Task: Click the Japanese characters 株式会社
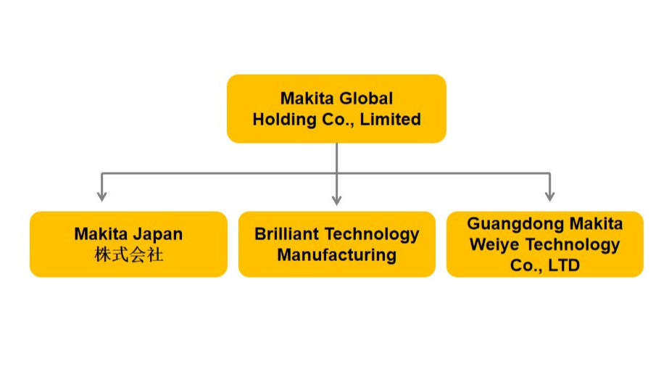tap(128, 254)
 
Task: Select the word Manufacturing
tap(336, 254)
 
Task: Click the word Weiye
tap(496, 244)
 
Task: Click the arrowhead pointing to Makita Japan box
tap(102, 196)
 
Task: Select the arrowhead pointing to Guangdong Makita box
tap(550, 196)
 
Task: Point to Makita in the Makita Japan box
tap(101, 233)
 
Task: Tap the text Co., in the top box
tap(333, 119)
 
